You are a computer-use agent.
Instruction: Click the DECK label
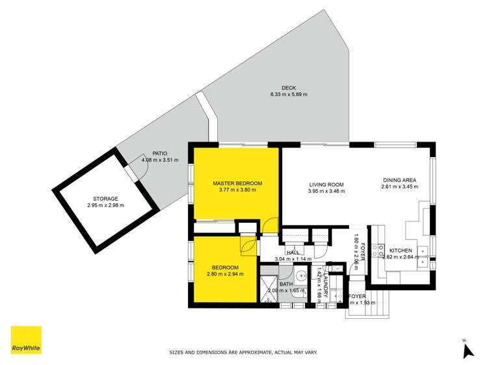pos(289,88)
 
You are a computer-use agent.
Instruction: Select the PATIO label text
pos(151,153)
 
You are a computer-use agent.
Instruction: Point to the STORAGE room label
pos(105,199)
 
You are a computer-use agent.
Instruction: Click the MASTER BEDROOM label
pos(237,184)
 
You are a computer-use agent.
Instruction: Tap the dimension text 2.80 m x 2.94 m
pos(225,274)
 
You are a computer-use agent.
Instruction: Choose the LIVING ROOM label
pos(326,184)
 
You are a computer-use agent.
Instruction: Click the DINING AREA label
pos(399,180)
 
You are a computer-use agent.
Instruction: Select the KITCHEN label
pos(401,250)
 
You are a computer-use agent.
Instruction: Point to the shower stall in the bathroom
pos(269,288)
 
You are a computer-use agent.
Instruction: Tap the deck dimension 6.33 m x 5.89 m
pos(289,95)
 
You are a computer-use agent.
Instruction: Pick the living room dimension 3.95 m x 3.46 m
pos(326,192)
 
